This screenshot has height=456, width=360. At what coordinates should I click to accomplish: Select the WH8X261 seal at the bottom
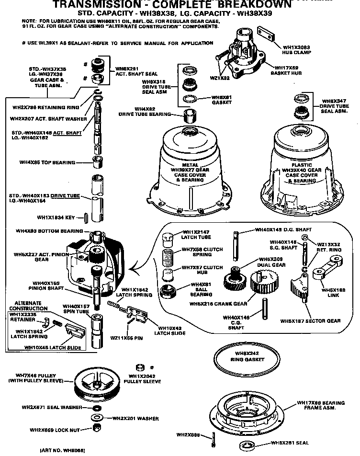tap(248, 444)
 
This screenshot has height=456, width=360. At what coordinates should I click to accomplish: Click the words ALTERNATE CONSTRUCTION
tap(27, 306)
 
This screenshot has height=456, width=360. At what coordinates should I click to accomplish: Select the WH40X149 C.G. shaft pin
tap(264, 307)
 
